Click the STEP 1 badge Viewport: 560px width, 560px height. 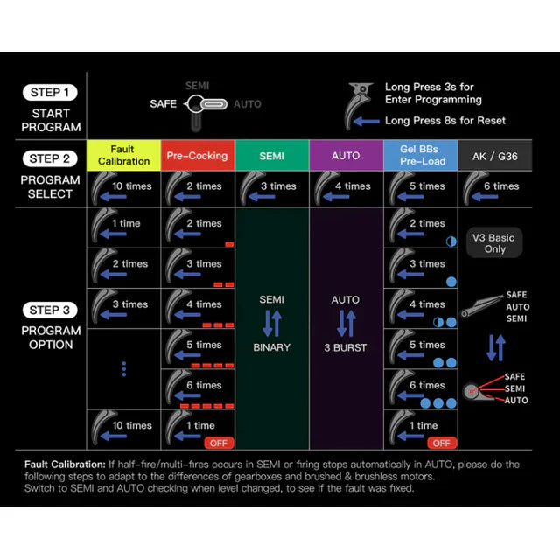[x=52, y=93]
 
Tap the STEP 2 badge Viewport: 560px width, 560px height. [x=52, y=159]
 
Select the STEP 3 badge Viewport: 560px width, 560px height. [x=52, y=310]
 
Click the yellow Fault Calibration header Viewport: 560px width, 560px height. [x=123, y=156]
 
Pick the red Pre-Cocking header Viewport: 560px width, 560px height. [x=197, y=156]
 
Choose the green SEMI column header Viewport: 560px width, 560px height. [x=271, y=156]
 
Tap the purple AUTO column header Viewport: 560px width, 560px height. [x=346, y=156]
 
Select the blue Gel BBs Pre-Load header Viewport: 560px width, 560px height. [x=421, y=156]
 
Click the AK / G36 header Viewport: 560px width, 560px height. [x=494, y=156]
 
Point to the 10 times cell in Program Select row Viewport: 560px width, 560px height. [x=123, y=186]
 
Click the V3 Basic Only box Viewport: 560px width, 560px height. [x=495, y=243]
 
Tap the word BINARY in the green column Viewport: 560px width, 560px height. [x=271, y=347]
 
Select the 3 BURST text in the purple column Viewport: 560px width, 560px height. [x=346, y=347]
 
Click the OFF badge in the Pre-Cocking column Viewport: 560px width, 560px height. [x=218, y=443]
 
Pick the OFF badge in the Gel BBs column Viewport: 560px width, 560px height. [x=441, y=443]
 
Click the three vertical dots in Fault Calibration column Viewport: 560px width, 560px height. [x=123, y=369]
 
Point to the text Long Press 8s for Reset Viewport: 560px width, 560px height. [x=444, y=121]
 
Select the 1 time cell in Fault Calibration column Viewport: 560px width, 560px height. [x=123, y=224]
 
